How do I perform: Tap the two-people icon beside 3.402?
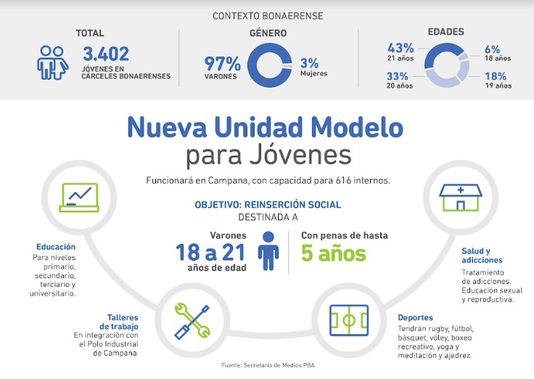point(53,62)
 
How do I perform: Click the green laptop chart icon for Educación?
point(80,195)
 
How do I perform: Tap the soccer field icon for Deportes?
point(350,320)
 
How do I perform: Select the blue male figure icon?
point(269,251)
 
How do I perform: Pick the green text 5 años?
point(333,254)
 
